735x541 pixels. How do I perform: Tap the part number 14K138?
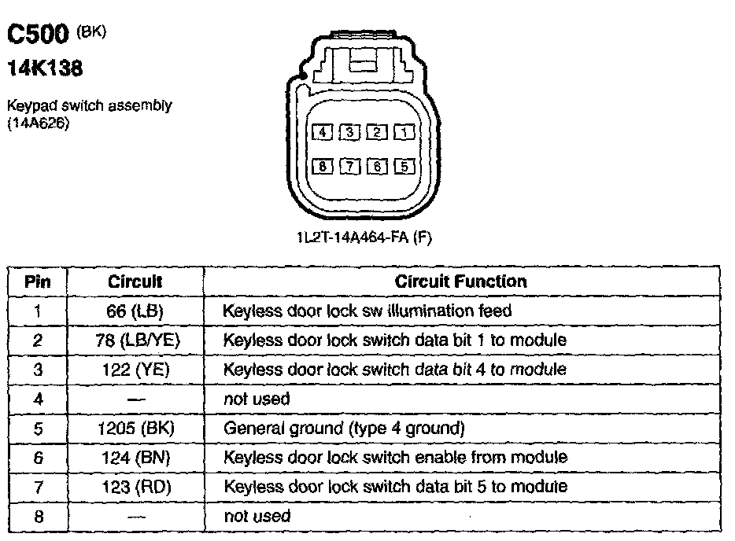pyautogui.click(x=45, y=69)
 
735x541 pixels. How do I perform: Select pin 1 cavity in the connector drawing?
pyautogui.click(x=404, y=132)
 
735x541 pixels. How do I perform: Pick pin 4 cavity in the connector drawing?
pyautogui.click(x=320, y=132)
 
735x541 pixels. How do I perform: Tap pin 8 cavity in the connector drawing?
pyautogui.click(x=320, y=166)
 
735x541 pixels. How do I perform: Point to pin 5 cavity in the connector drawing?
pyautogui.click(x=404, y=166)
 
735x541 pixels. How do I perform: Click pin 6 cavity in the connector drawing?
pyautogui.click(x=376, y=166)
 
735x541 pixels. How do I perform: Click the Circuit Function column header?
pyautogui.click(x=461, y=281)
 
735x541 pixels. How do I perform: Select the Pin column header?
pyautogui.click(x=38, y=281)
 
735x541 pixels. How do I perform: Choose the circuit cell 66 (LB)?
pyautogui.click(x=135, y=311)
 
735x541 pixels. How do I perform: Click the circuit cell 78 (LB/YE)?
pyautogui.click(x=135, y=340)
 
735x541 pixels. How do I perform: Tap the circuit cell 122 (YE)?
pyautogui.click(x=135, y=369)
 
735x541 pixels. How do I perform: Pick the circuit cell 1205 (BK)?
pyautogui.click(x=135, y=429)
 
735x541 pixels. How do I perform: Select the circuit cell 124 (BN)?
pyautogui.click(x=135, y=457)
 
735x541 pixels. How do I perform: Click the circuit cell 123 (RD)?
pyautogui.click(x=135, y=486)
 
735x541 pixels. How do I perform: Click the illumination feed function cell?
pyautogui.click(x=367, y=311)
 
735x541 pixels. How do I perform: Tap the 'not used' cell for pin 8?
pyautogui.click(x=257, y=516)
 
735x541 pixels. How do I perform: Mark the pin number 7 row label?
pyautogui.click(x=38, y=486)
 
